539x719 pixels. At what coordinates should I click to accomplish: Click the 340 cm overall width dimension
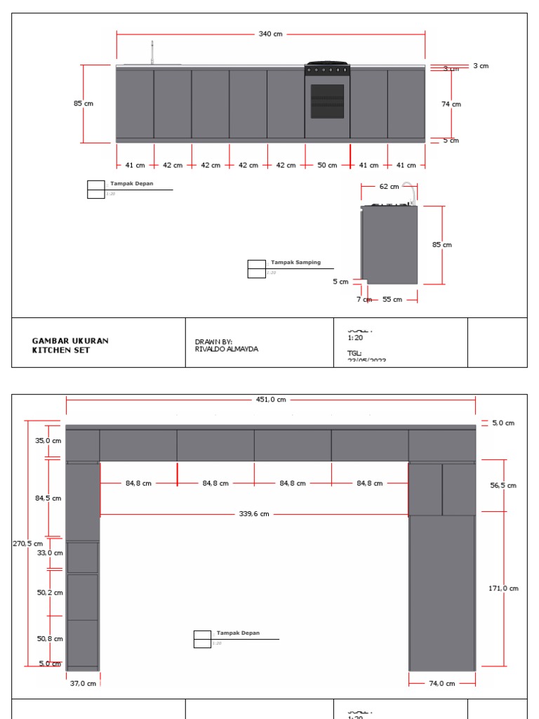(x=270, y=34)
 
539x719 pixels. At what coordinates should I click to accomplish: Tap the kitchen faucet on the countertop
(x=152, y=53)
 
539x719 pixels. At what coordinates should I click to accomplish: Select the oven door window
(x=327, y=101)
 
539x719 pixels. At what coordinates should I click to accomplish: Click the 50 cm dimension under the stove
(x=327, y=166)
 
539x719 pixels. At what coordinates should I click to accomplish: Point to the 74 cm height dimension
(x=451, y=104)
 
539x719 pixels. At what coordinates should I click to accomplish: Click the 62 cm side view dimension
(x=389, y=187)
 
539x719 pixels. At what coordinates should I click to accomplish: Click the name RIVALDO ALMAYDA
(x=226, y=349)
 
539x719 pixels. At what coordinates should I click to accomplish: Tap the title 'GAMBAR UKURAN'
(x=70, y=341)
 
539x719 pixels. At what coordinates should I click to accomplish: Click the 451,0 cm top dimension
(x=271, y=400)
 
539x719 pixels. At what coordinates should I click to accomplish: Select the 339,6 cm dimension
(x=254, y=514)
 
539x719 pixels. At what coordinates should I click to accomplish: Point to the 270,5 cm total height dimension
(x=27, y=543)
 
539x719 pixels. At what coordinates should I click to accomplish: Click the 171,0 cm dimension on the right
(x=503, y=588)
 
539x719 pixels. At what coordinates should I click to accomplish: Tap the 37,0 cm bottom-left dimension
(x=83, y=683)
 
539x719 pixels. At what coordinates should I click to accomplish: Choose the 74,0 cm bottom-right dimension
(x=441, y=683)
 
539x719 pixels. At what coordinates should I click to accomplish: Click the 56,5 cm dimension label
(x=503, y=485)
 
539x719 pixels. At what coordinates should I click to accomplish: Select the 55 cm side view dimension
(x=392, y=300)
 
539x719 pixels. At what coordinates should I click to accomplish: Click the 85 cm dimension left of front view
(x=83, y=103)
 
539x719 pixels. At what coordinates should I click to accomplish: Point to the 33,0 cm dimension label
(x=50, y=553)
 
